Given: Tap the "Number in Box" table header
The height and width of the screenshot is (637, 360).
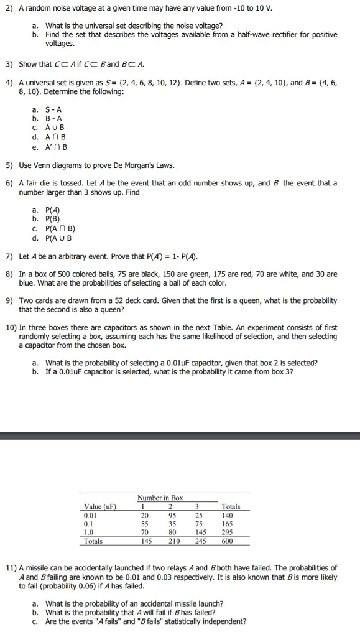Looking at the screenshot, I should click(160, 498).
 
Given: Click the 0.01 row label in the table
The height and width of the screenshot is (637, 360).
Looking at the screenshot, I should click(90, 515).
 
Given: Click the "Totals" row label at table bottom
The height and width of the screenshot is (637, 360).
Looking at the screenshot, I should click(93, 541).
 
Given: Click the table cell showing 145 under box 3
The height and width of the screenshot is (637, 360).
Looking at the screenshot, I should click(200, 532).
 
